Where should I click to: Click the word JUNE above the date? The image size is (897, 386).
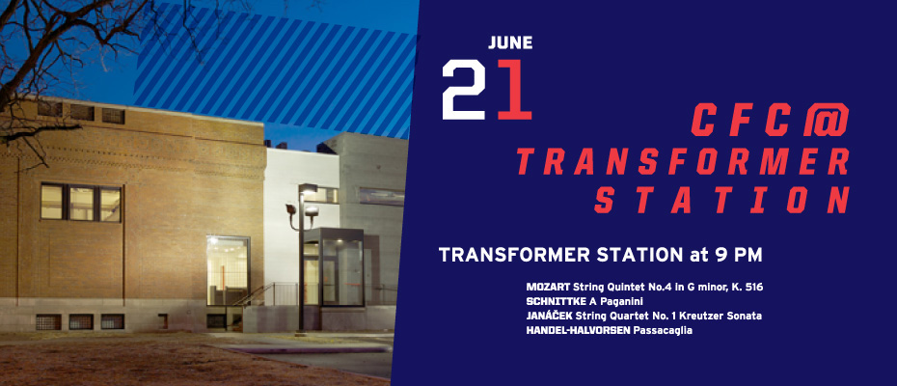(x=510, y=43)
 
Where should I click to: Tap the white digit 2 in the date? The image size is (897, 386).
(x=463, y=90)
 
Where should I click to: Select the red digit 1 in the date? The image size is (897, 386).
(x=514, y=90)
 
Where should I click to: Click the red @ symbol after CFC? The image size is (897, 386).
(x=826, y=120)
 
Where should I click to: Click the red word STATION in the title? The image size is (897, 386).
(x=721, y=200)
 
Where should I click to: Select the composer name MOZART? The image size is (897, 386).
(x=548, y=287)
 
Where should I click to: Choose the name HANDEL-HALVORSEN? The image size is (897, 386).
(x=579, y=330)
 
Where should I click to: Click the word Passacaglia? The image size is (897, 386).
(x=663, y=330)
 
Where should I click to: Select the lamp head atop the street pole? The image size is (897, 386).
(x=308, y=189)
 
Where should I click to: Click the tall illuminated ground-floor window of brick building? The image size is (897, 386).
(x=229, y=271)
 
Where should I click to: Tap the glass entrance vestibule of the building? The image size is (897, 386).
(x=334, y=267)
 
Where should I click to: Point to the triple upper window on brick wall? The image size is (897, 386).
(x=81, y=203)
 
